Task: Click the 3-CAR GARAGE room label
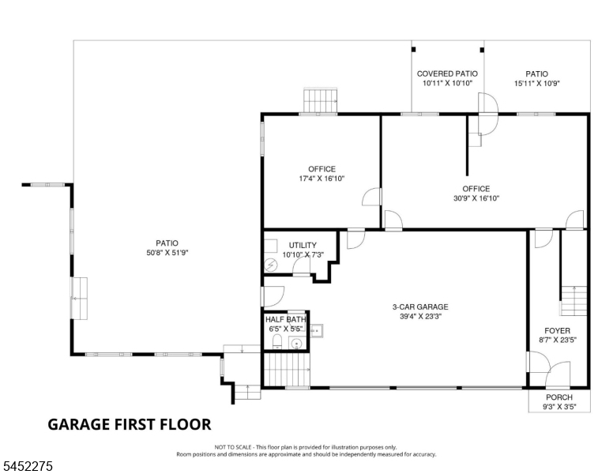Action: (x=420, y=307)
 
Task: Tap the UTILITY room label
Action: (x=303, y=245)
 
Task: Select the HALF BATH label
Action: (x=286, y=319)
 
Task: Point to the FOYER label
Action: (x=558, y=330)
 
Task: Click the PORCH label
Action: (x=559, y=397)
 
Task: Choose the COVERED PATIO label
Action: (x=447, y=73)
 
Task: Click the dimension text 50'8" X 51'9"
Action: (x=167, y=253)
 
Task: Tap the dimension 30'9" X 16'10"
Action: (x=476, y=198)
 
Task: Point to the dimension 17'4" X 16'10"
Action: (x=322, y=179)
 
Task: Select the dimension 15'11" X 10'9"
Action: (x=536, y=83)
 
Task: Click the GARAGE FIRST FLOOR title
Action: (x=130, y=424)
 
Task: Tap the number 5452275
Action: (x=28, y=466)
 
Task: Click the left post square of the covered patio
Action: (x=414, y=50)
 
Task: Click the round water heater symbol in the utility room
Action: (x=270, y=265)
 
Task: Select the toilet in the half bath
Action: (x=276, y=341)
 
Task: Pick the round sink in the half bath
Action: (x=297, y=344)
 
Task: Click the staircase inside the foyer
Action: (x=574, y=301)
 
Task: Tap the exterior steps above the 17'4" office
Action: (x=321, y=100)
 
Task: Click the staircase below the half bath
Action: (x=287, y=369)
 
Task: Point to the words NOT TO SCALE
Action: (x=232, y=447)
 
